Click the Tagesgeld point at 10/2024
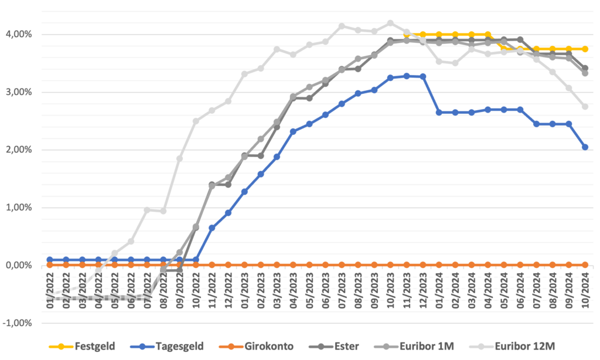pos(585,147)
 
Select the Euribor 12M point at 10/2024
pos(585,107)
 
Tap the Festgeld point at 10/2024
pos(585,49)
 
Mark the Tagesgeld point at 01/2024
pos(439,112)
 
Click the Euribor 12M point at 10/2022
pos(196,121)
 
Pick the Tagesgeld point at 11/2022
pos(212,227)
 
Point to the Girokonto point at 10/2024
pos(585,265)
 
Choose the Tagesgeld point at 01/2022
pos(50,259)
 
